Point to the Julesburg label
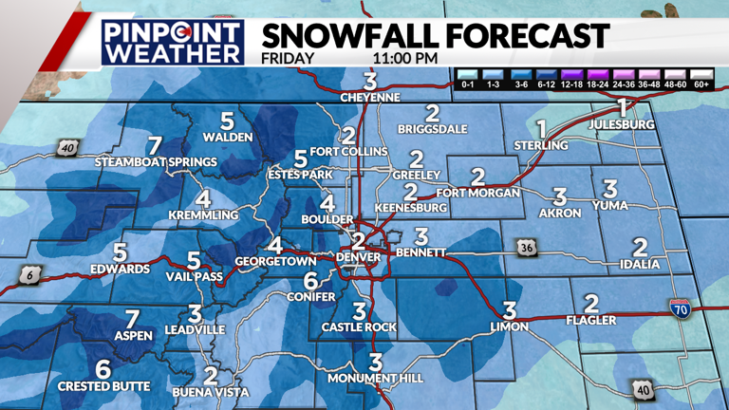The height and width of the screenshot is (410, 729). pyautogui.click(x=623, y=123)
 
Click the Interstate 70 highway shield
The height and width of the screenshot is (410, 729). pyautogui.click(x=680, y=308)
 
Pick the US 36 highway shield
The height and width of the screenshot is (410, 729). pyautogui.click(x=527, y=248)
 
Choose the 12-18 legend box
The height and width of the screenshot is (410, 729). pyautogui.click(x=572, y=84)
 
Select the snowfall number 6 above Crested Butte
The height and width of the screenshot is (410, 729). pyautogui.click(x=103, y=370)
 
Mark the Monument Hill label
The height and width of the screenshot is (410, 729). pyautogui.click(x=374, y=379)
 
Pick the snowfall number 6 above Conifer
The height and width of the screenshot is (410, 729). pyautogui.click(x=309, y=281)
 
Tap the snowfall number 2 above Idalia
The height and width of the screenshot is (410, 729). pyautogui.click(x=639, y=248)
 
